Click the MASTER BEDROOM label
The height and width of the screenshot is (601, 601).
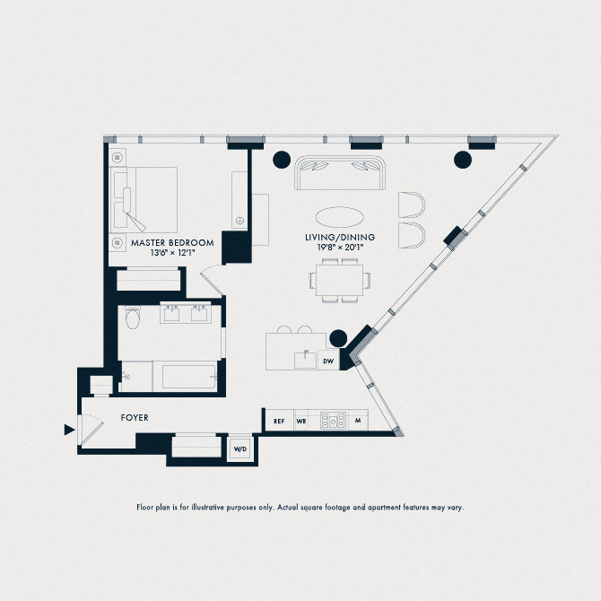tap(172, 242)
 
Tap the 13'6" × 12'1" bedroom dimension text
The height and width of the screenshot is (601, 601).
tap(172, 253)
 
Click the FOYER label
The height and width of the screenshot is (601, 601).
tap(135, 418)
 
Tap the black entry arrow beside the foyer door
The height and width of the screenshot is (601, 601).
tap(68, 431)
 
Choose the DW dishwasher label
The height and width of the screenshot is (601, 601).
tap(328, 361)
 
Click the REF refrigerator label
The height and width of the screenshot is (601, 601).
tap(279, 421)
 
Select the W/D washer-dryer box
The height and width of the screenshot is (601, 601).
tap(240, 448)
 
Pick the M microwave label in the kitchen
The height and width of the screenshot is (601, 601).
tap(357, 421)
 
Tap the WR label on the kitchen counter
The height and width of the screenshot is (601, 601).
tap(301, 421)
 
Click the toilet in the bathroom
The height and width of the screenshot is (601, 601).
tap(134, 318)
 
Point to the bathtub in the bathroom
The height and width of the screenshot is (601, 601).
tap(170, 376)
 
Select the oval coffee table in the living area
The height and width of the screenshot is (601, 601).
tap(339, 217)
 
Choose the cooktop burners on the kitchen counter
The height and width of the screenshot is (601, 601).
tap(334, 421)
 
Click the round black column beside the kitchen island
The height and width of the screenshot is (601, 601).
tap(338, 338)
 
